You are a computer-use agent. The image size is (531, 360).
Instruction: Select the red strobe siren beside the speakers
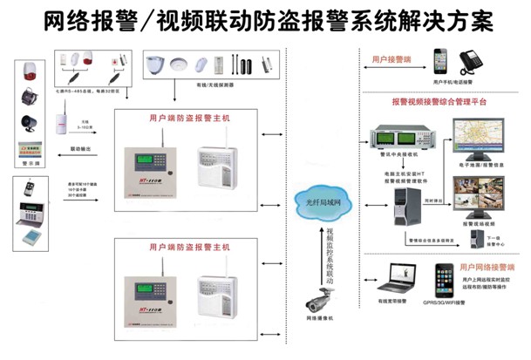tap(28, 70)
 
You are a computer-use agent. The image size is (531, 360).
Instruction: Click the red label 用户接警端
tap(391, 60)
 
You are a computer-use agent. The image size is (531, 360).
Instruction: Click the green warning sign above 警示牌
tap(28, 149)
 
